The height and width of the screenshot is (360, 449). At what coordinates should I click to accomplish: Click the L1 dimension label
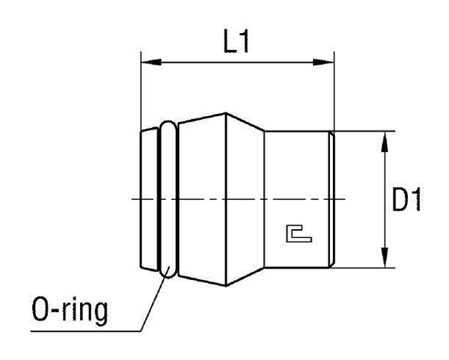click(236, 43)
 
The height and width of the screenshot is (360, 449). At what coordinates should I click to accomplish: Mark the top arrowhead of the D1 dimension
click(384, 138)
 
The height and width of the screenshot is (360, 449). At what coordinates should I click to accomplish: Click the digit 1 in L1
click(245, 43)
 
